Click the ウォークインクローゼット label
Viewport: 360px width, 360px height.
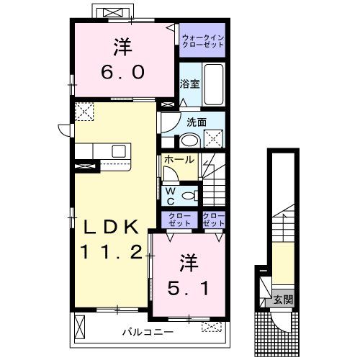point(203,41)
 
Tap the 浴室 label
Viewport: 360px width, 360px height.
point(189,84)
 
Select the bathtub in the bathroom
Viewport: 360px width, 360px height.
point(214,84)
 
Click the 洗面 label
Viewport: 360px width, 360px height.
point(197,122)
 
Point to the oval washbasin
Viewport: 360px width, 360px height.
point(189,141)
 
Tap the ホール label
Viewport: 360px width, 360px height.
point(179,159)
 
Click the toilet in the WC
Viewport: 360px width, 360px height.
point(190,196)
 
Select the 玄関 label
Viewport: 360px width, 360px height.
point(283,300)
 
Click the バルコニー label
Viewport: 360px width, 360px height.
point(148,333)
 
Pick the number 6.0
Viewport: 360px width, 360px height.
point(123,72)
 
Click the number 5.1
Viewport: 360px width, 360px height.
point(188,288)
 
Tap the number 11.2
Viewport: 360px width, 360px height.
point(112,251)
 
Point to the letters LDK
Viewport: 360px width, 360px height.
point(111,227)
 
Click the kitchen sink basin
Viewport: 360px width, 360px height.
point(119,151)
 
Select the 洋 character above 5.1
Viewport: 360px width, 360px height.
point(189,263)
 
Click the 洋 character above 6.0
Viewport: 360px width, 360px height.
point(123,47)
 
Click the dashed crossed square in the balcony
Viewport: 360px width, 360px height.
point(212,327)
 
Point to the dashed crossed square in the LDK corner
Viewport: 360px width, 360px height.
point(84,112)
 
